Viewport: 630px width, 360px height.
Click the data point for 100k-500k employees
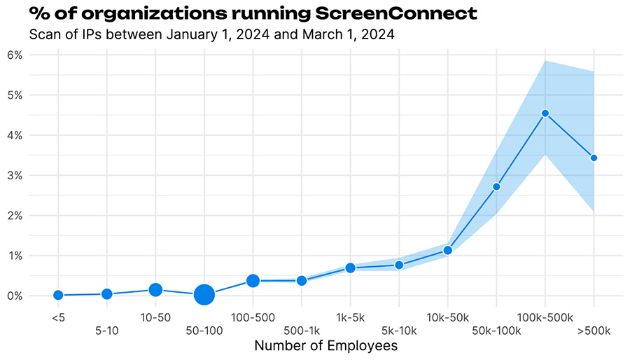pyautogui.click(x=545, y=113)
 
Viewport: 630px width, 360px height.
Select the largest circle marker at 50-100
pyautogui.click(x=204, y=295)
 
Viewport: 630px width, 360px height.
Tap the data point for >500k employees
pyautogui.click(x=594, y=158)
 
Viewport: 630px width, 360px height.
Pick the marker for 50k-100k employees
pyautogui.click(x=496, y=186)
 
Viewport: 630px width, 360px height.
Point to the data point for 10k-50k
pyautogui.click(x=448, y=250)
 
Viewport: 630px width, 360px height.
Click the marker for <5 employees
pyautogui.click(x=58, y=296)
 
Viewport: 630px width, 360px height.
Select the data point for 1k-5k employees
pyautogui.click(x=351, y=268)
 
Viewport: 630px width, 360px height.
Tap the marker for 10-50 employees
pyautogui.click(x=155, y=289)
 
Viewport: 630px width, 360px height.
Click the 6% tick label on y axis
pyautogui.click(x=15, y=55)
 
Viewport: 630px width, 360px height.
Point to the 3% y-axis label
pyautogui.click(x=15, y=175)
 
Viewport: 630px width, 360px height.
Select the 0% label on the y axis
pyautogui.click(x=15, y=296)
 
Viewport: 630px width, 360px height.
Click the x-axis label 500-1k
pyautogui.click(x=302, y=331)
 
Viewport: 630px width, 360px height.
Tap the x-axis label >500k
pyautogui.click(x=594, y=331)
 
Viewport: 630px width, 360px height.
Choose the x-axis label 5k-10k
pyautogui.click(x=399, y=331)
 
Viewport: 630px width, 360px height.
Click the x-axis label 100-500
pyautogui.click(x=253, y=317)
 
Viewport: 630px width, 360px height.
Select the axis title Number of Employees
pyautogui.click(x=325, y=346)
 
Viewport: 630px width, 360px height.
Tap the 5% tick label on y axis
pyautogui.click(x=15, y=95)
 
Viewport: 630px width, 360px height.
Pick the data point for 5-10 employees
pyautogui.click(x=106, y=294)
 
